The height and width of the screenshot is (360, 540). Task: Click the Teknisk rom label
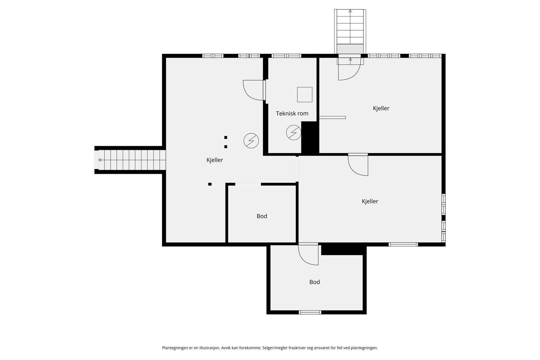pos(292,113)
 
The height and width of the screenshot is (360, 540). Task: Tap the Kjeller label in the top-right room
pos(381,108)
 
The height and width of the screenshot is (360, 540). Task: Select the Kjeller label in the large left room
pos(215,160)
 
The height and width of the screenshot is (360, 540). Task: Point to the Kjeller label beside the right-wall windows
pos(370,201)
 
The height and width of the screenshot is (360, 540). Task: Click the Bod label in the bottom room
pos(315,282)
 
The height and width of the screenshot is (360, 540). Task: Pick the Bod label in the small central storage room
pos(262,216)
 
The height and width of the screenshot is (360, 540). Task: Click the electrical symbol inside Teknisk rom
pos(294,133)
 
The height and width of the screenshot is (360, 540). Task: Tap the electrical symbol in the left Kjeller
pos(251,141)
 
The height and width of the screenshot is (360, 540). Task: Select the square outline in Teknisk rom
pos(304,94)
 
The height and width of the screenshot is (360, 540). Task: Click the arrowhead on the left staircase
pos(100,160)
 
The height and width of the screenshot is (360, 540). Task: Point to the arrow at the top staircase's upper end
pos(350,11)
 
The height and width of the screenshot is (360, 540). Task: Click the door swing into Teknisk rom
pos(253,90)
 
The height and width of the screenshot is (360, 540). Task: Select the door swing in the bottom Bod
pos(308,255)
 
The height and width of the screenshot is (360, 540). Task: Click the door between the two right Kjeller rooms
pos(358,165)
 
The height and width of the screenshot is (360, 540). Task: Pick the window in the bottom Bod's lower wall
pos(310,312)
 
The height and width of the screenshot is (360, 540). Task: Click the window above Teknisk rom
pos(286,56)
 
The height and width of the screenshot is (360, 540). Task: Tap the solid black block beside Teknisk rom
pos(310,138)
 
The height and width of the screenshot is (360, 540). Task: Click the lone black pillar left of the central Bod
pos(210,184)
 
